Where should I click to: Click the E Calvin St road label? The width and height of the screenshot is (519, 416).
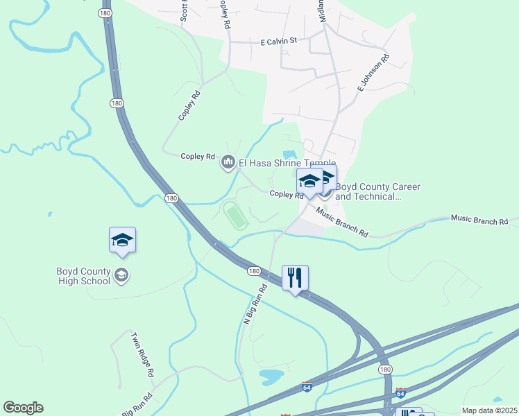[278, 42]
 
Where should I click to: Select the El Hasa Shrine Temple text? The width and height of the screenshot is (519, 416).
[287, 163]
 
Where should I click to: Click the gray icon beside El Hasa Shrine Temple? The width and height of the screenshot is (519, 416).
[228, 163]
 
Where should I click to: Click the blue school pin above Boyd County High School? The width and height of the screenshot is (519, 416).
[122, 241]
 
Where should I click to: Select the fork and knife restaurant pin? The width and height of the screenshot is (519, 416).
[295, 278]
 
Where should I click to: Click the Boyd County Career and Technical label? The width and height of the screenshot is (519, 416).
[368, 191]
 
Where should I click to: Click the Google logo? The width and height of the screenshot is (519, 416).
[23, 408]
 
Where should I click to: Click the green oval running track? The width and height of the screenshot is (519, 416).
[235, 215]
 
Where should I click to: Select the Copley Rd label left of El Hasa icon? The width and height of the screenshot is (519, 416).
[198, 157]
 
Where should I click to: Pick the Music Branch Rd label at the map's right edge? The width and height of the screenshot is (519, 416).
[479, 221]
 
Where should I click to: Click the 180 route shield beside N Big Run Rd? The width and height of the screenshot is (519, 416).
[254, 270]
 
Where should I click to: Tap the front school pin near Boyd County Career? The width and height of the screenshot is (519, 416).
[309, 182]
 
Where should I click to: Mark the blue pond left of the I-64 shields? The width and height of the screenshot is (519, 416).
[271, 376]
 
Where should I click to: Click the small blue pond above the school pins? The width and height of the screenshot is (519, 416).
[289, 155]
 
